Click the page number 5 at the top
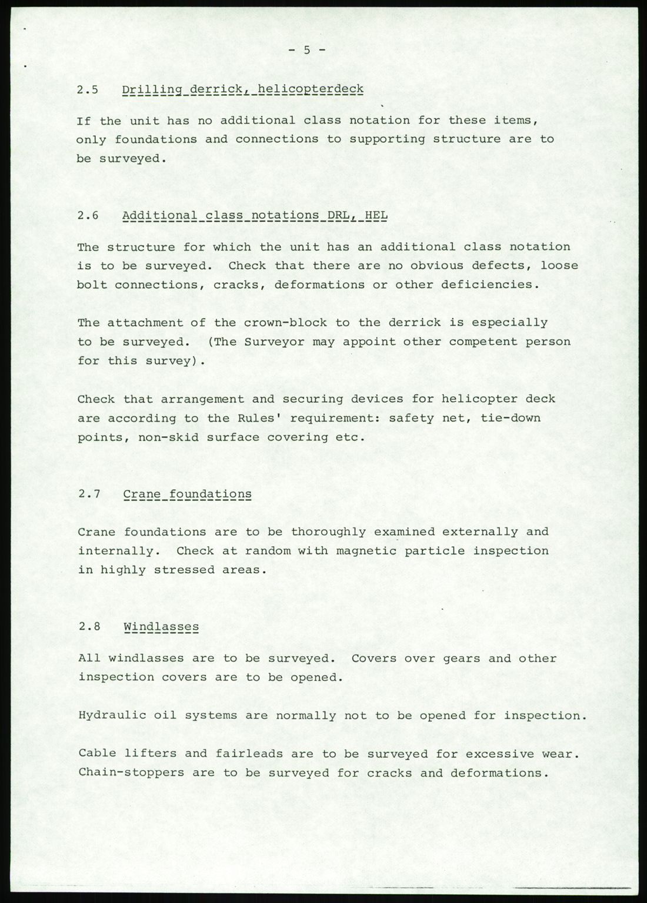[x=306, y=51]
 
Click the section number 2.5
[x=88, y=90]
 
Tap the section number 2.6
[x=88, y=216]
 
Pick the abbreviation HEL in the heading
[x=376, y=216]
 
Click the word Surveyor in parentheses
[x=278, y=342]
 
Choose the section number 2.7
[x=88, y=494]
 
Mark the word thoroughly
[x=328, y=532]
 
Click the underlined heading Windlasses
[x=161, y=627]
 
